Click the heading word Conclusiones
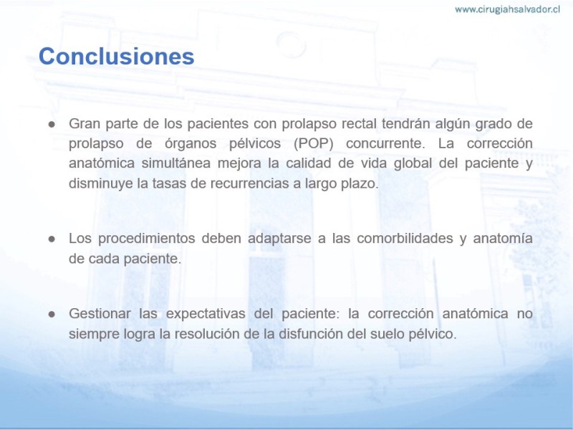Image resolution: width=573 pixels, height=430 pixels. point(116,57)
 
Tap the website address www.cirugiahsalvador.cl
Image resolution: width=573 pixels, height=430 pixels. point(507,9)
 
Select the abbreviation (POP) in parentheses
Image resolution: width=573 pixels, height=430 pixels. point(314,143)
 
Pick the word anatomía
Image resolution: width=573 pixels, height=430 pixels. point(503,239)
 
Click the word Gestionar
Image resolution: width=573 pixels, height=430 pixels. point(100,314)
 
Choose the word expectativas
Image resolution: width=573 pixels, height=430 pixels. point(206,314)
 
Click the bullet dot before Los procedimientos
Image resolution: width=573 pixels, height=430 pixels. point(52,239)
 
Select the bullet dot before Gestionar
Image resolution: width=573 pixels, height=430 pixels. point(52,315)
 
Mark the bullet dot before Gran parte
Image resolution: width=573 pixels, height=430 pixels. point(52,124)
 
